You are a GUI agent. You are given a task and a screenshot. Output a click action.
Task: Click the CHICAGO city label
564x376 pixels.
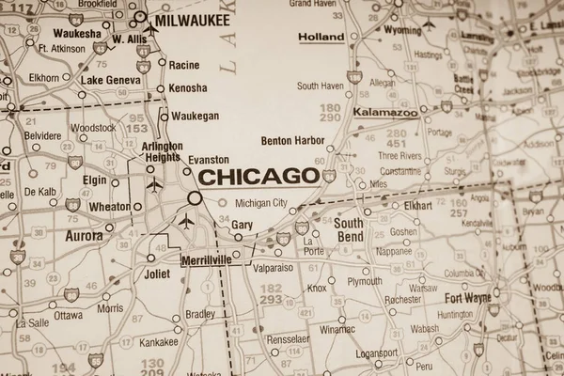pyautogui.click(x=259, y=176)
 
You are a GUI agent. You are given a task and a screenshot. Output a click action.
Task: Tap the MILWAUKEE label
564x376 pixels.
pyautogui.click(x=191, y=18)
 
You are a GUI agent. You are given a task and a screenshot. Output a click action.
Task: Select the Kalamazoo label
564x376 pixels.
pyautogui.click(x=385, y=112)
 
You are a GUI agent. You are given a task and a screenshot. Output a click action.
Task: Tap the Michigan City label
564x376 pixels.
pyautogui.click(x=260, y=203)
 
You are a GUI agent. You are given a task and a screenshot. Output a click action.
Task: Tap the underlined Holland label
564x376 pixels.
pyautogui.click(x=321, y=37)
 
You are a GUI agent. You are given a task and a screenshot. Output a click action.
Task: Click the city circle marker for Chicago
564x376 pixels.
pyautogui.click(x=195, y=198)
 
